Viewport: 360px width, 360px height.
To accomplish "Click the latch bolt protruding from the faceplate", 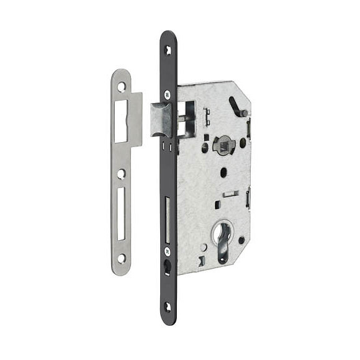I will [163, 121].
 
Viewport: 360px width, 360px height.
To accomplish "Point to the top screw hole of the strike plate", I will [122, 87].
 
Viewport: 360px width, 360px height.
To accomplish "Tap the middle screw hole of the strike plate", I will [122, 174].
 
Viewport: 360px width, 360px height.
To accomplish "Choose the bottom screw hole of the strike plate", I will [122, 257].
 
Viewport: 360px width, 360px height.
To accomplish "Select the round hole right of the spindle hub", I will [242, 143].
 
